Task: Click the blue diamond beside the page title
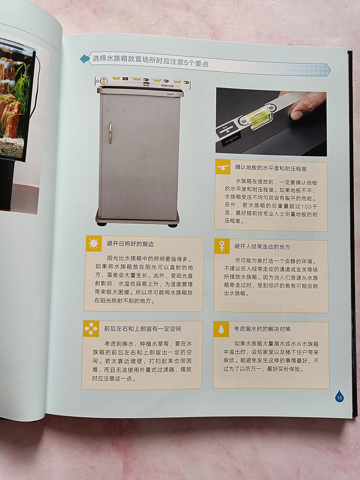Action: point(85,59)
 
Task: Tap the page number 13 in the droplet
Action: point(339,397)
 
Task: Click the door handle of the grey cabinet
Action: point(110,133)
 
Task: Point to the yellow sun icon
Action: point(93,244)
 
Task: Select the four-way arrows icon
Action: point(91,329)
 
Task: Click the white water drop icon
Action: point(221,330)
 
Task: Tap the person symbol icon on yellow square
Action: point(221,246)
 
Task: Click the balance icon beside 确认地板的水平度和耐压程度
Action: point(222,167)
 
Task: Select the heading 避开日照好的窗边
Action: point(130,244)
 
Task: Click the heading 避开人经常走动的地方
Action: point(262,247)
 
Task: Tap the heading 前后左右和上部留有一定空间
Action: point(143,329)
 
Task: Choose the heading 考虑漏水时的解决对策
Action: point(262,329)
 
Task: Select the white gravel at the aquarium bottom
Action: point(12,148)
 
